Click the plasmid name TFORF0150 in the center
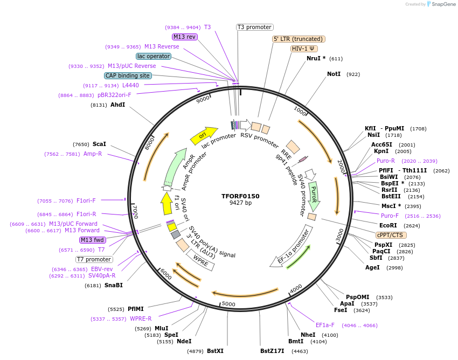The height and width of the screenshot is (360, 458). point(240,196)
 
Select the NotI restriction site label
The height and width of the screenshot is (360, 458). point(334,74)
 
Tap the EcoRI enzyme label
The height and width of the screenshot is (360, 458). point(388,225)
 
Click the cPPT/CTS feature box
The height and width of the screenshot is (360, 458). point(391,235)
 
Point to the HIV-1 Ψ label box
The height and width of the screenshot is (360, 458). point(303,49)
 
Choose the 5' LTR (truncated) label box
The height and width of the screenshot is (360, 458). point(299,39)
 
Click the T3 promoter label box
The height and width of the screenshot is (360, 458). point(255,27)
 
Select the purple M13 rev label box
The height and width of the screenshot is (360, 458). point(184,37)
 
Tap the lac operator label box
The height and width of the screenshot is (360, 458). point(154,56)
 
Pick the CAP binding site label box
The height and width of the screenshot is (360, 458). point(128,76)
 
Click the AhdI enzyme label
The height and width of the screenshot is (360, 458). point(117,105)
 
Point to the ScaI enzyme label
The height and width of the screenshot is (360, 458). point(99,144)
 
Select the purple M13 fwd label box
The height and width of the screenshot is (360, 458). point(92,240)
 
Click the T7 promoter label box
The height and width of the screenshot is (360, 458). point(94,259)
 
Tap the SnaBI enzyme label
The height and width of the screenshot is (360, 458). point(114,285)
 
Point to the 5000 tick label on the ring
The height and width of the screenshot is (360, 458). point(229,304)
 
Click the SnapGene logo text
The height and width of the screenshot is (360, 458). point(442,4)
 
